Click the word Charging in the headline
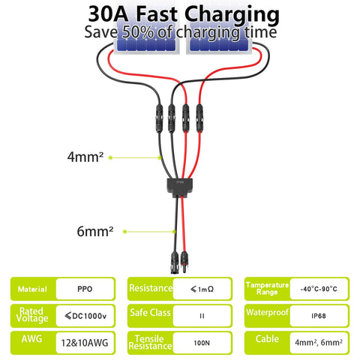(x=232, y=15)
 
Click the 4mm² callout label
(x=85, y=157)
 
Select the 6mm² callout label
(x=95, y=231)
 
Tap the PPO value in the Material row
(x=85, y=289)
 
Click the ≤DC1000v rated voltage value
(x=85, y=316)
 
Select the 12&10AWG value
(x=85, y=343)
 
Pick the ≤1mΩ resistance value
(x=202, y=289)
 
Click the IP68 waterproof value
(x=319, y=316)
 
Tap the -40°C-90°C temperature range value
(x=319, y=289)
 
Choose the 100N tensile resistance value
(x=202, y=343)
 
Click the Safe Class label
(x=150, y=313)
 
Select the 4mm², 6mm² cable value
(x=319, y=342)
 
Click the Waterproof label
(x=267, y=312)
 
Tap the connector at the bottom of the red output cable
(x=184, y=262)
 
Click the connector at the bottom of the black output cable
(x=175, y=262)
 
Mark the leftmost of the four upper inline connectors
(x=160, y=118)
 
